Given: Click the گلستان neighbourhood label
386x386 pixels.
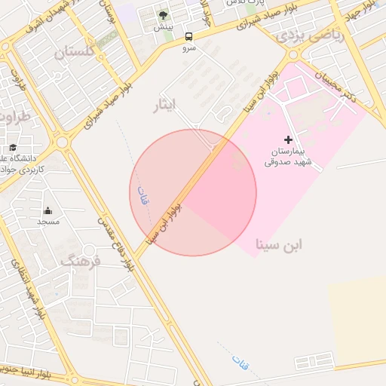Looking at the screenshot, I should (75, 52).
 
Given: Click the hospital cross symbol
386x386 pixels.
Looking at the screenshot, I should (288, 139).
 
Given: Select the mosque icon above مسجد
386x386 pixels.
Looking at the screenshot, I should (48, 210).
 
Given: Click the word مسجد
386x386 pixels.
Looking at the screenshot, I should (48, 222).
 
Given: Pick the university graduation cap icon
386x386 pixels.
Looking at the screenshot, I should (13, 148).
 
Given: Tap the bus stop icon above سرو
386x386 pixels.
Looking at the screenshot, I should (188, 35).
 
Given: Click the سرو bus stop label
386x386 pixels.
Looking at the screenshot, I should (188, 47).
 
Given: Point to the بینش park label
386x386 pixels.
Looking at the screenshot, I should (163, 27).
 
